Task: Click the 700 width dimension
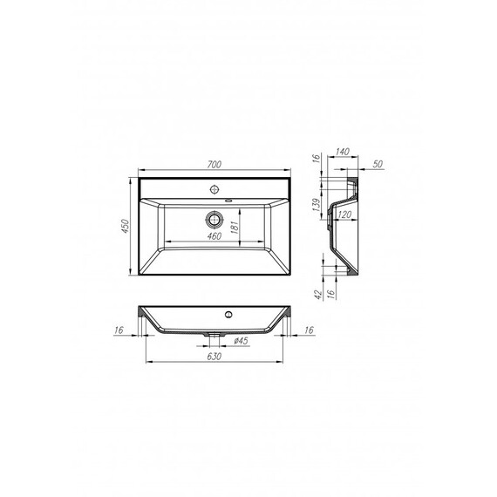click(214, 165)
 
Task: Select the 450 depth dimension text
click(126, 226)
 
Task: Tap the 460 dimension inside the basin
click(214, 236)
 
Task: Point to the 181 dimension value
click(234, 227)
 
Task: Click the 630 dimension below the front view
click(214, 357)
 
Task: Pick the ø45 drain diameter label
click(241, 341)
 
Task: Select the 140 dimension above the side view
click(343, 152)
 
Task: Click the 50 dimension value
click(378, 164)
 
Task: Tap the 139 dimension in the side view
click(316, 206)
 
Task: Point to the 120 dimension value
click(344, 214)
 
